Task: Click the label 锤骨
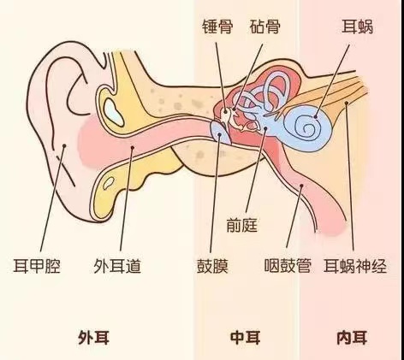click(x=217, y=27)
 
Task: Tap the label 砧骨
click(x=265, y=27)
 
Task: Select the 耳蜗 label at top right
click(x=358, y=27)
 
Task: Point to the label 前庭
click(x=242, y=225)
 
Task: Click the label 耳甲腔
click(x=37, y=266)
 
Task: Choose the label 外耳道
click(x=117, y=266)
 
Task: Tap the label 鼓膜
click(x=212, y=266)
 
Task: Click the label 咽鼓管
click(x=288, y=265)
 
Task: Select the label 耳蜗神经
click(x=355, y=266)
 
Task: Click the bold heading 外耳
click(x=94, y=338)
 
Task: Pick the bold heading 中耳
click(x=245, y=338)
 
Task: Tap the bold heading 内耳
click(x=352, y=338)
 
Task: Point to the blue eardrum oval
click(x=220, y=133)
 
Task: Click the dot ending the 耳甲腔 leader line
click(x=64, y=145)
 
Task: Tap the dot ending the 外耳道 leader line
click(x=132, y=147)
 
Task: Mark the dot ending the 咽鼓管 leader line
click(x=301, y=186)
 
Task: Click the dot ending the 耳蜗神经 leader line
click(x=347, y=103)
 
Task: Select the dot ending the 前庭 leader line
click(x=265, y=129)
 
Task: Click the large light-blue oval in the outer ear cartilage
click(x=114, y=113)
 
